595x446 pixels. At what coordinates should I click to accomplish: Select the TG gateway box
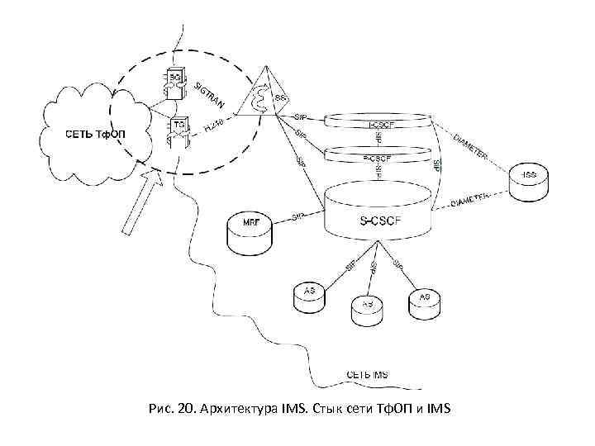(178, 126)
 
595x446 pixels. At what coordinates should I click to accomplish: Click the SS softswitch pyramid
(265, 98)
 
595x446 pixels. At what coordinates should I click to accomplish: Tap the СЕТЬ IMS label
(364, 374)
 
